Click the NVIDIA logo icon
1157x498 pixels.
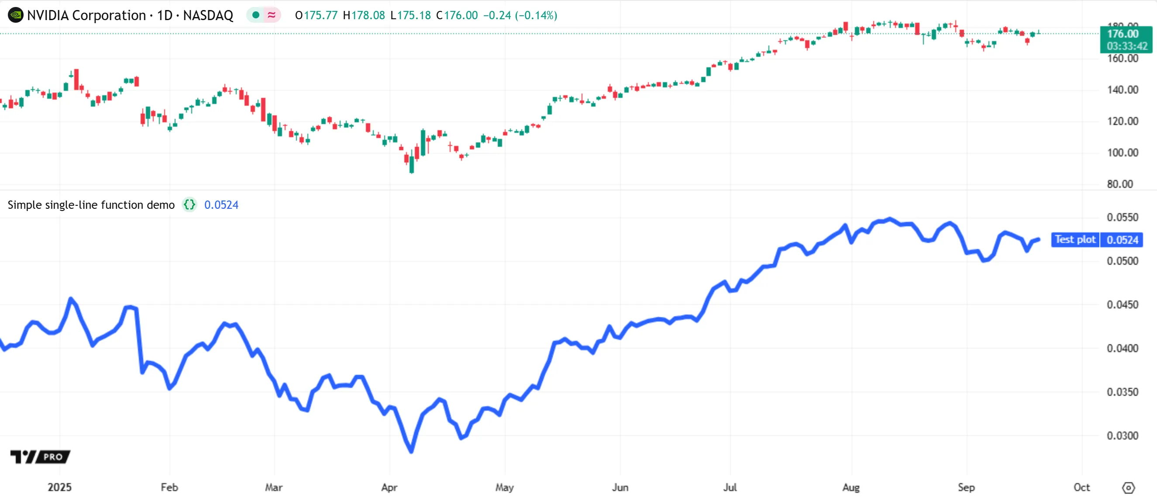pos(15,15)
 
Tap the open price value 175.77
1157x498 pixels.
pos(320,15)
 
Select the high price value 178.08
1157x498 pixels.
pos(368,15)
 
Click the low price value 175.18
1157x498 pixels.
pos(413,15)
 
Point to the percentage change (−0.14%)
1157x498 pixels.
pos(536,15)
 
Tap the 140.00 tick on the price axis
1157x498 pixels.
pos(1122,90)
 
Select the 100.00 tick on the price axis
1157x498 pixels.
pos(1122,153)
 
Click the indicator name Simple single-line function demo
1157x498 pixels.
pos(91,205)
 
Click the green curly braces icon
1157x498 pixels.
pos(189,205)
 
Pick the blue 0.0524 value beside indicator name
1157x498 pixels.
pos(221,205)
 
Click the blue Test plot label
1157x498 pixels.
pos(1075,239)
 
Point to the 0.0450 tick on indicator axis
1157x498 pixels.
pos(1122,305)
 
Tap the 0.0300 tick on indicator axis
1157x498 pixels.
pos(1122,436)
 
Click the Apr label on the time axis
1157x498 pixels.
pos(389,487)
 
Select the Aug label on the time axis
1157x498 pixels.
pos(851,487)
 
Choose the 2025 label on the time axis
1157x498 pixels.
pos(60,487)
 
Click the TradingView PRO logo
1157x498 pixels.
pos(40,457)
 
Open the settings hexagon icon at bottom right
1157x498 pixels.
pos(1128,488)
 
